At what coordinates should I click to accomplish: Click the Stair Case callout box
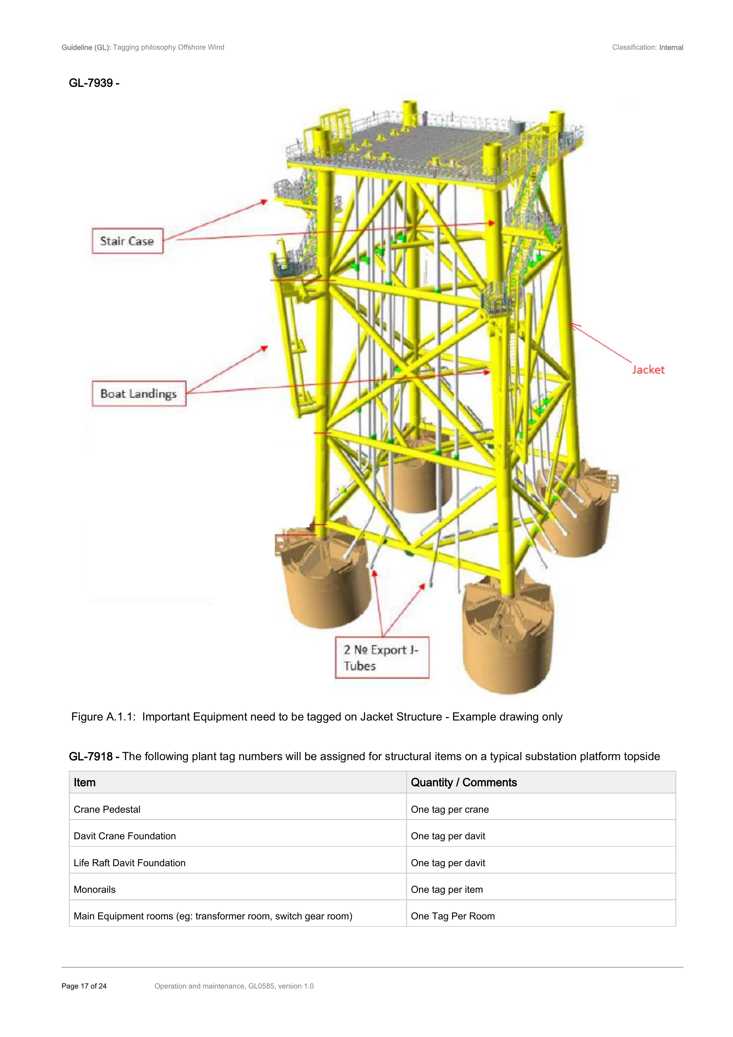[127, 241]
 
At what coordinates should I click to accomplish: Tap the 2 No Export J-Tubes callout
[382, 657]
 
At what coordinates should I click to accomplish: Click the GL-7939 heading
[94, 83]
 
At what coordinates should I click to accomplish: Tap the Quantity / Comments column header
[464, 782]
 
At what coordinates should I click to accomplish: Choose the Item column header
[85, 782]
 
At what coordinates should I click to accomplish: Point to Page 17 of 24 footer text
[84, 986]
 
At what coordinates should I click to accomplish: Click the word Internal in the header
[671, 47]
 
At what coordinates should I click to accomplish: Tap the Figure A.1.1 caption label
[103, 717]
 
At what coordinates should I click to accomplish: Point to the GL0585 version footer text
[234, 986]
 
